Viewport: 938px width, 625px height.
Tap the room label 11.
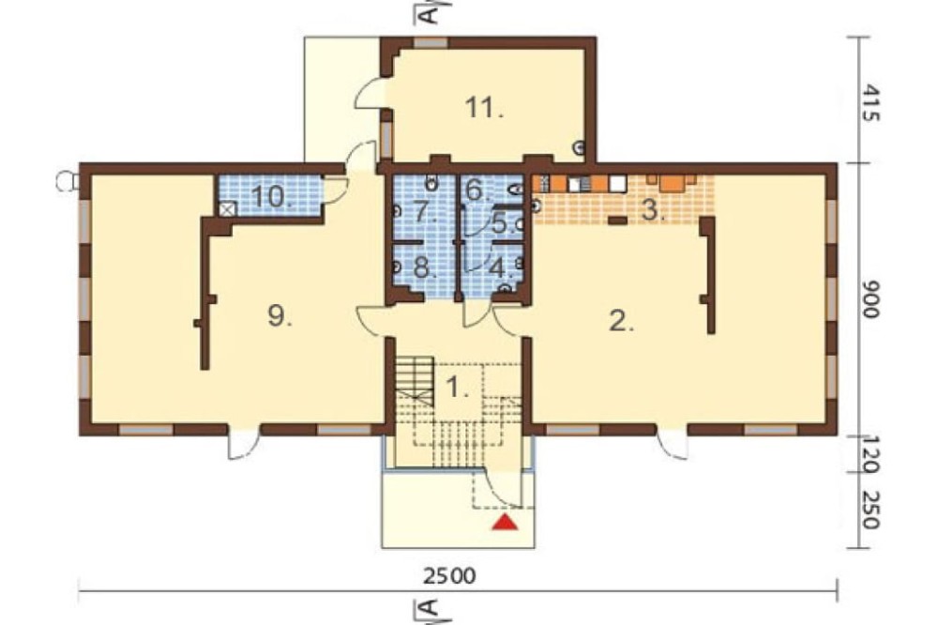tap(484, 108)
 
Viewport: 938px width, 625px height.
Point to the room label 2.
tap(621, 322)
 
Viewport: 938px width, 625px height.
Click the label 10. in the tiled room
tap(273, 196)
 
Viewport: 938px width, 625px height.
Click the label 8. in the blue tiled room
tap(424, 267)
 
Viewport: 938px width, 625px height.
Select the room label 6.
tap(477, 190)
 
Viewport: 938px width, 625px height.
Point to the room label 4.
tap(501, 267)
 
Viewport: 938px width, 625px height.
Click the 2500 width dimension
tap(450, 576)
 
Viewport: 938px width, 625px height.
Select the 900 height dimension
tap(871, 298)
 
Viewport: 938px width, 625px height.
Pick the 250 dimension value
tap(871, 511)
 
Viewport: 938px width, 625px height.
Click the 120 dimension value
tap(871, 455)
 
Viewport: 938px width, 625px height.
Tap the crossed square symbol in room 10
tap(228, 209)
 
